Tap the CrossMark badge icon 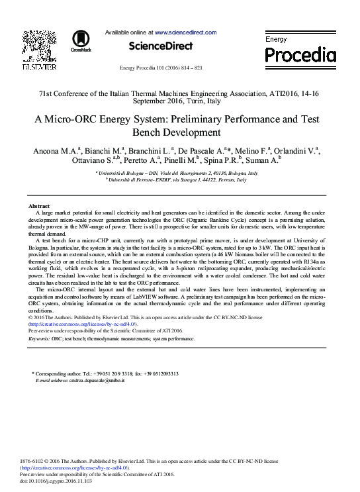(81, 40)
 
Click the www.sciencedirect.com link (185, 32)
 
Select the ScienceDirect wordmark (160, 46)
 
